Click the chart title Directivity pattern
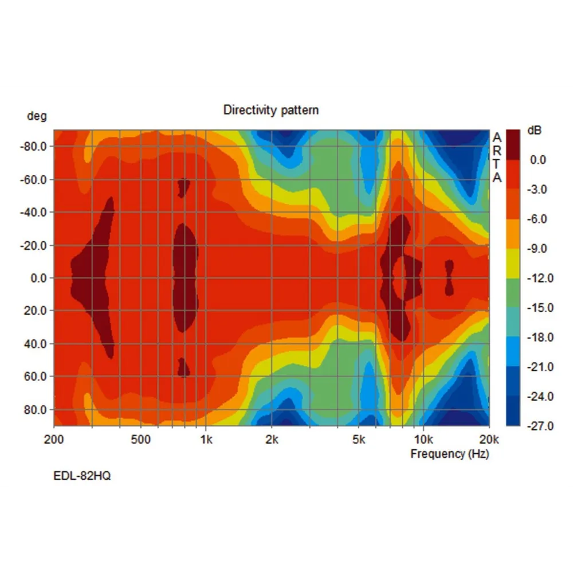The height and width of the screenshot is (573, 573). (x=270, y=109)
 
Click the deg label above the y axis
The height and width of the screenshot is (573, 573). (x=37, y=116)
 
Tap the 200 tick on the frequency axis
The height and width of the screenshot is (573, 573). (x=54, y=439)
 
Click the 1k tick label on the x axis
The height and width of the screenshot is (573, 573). (x=206, y=439)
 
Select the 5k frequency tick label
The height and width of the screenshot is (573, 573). (x=359, y=439)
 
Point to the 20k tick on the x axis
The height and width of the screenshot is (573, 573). (x=489, y=439)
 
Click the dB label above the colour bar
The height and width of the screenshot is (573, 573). (x=533, y=131)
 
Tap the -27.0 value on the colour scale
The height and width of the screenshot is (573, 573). (x=541, y=426)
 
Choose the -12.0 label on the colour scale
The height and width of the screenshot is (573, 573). (x=541, y=278)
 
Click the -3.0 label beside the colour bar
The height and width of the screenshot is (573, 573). (x=538, y=190)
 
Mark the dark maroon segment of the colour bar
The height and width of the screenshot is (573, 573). (x=513, y=145)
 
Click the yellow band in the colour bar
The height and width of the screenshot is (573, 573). (x=513, y=264)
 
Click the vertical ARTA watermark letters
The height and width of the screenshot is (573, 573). (x=497, y=158)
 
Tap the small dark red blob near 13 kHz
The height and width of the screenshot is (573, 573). (x=449, y=277)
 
